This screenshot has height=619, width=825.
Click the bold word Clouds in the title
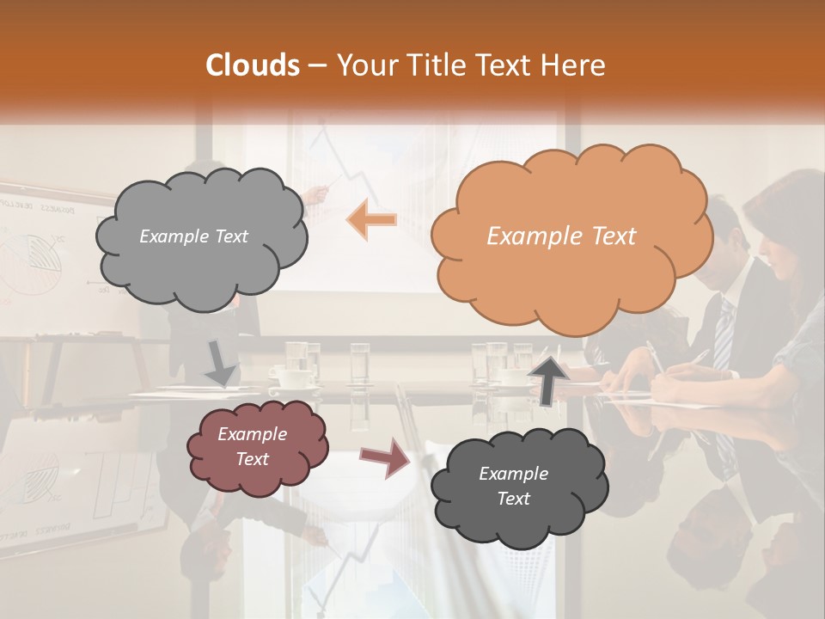(253, 65)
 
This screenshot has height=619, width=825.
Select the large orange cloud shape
(571, 236)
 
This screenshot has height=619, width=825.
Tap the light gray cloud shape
(200, 236)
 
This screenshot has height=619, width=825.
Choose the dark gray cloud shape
(518, 486)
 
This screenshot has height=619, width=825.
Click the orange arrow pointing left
(372, 220)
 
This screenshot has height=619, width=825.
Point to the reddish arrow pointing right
(386, 457)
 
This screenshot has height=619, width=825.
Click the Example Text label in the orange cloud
(561, 236)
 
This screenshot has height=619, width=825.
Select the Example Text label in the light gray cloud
(193, 236)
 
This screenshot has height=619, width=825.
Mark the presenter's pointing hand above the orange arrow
(319, 194)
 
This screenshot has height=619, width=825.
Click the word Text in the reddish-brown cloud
(253, 459)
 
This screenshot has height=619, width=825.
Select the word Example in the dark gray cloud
(513, 474)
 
